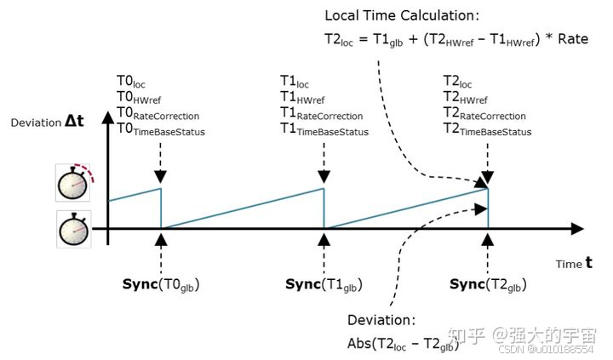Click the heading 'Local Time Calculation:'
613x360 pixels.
tap(402, 15)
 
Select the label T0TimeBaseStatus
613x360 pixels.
tap(161, 130)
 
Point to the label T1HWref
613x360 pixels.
tap(302, 99)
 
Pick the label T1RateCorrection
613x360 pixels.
tap(321, 114)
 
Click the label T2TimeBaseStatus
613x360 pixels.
tap(487, 130)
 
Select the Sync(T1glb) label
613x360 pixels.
tap(324, 283)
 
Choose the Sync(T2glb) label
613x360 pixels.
tap(488, 283)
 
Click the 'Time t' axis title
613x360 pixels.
tap(575, 264)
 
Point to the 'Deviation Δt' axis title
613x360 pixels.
tap(49, 123)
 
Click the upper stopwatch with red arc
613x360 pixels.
tap(73, 183)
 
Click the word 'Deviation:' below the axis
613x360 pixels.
tap(381, 321)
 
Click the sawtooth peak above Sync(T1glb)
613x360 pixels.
tap(324, 188)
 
